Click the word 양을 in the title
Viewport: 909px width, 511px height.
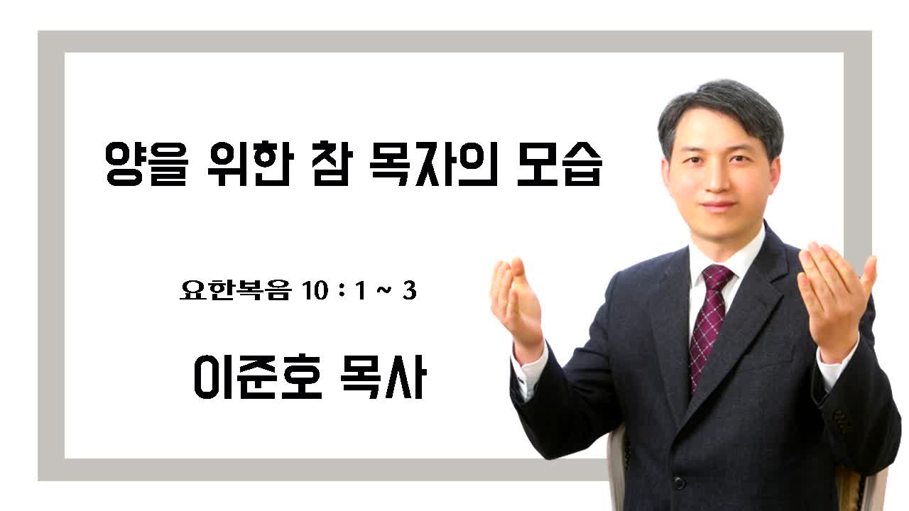147,164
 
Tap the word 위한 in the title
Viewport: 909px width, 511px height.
250,163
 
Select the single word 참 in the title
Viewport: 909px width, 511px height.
332,163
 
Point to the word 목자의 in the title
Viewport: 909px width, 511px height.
433,164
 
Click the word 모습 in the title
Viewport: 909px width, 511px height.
559,164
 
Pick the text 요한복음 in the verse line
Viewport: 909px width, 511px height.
236,290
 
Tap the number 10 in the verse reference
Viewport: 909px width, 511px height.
315,291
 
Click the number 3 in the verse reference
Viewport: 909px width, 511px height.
410,291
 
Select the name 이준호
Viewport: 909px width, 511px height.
258,377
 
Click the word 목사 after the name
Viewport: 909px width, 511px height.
383,377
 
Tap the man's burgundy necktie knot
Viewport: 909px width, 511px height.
717,277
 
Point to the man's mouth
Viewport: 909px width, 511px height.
719,205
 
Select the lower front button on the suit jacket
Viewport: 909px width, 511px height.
679,483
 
